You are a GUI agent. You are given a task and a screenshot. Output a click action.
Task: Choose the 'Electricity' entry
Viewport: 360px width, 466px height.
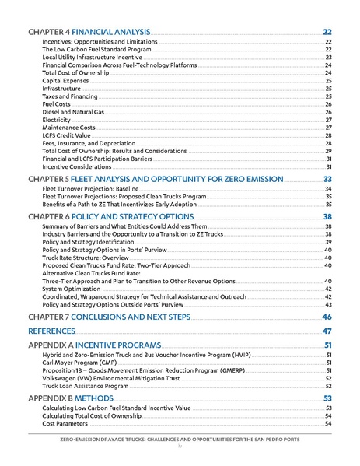[x=57, y=120]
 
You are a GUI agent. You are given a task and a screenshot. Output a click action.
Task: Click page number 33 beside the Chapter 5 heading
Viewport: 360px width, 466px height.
[x=327, y=179]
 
